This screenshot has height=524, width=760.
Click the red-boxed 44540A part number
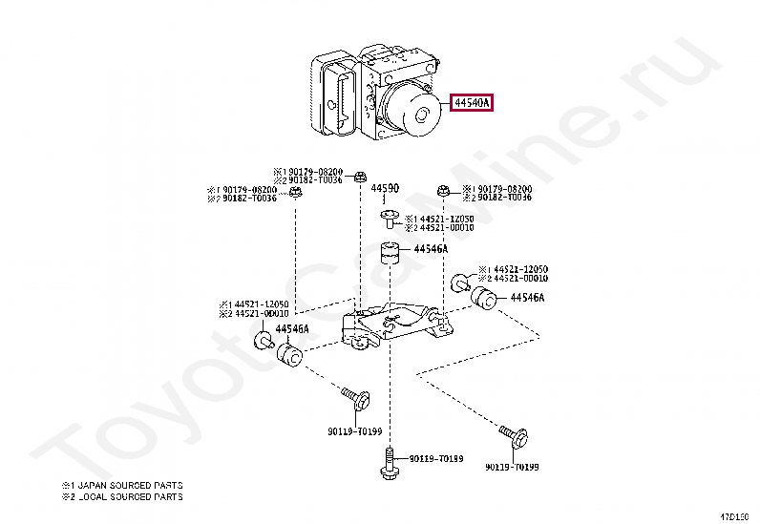pyautogui.click(x=472, y=102)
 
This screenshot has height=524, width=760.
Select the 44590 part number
pyautogui.click(x=384, y=189)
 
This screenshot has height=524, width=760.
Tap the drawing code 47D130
pyautogui.click(x=735, y=514)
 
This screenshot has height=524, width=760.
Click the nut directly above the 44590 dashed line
pyautogui.click(x=360, y=177)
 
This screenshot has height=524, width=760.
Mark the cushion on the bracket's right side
pyautogui.click(x=484, y=300)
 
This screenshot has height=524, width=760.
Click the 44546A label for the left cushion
pyautogui.click(x=291, y=329)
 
